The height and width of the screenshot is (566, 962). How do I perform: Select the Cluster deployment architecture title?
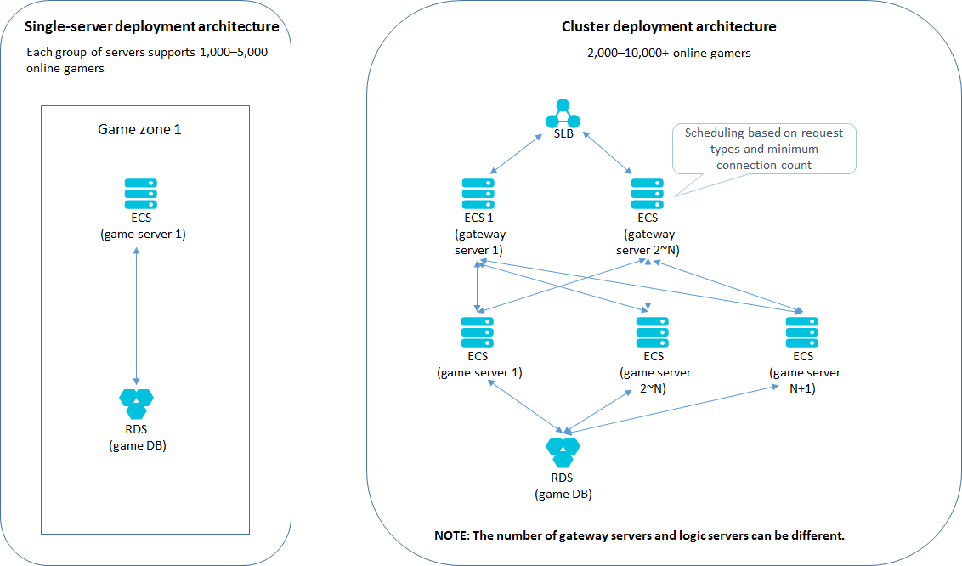pos(668,27)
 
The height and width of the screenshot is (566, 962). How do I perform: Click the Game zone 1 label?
pos(139,130)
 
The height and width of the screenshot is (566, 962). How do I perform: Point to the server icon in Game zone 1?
pos(140,193)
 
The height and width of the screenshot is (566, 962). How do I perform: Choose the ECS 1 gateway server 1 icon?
pos(478,193)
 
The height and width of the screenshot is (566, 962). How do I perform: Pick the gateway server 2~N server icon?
pos(648,193)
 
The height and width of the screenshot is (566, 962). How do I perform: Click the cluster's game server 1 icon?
pos(477,331)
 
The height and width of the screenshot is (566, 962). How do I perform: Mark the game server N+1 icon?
pos(802,331)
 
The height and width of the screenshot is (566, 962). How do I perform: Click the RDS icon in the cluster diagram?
pos(563,451)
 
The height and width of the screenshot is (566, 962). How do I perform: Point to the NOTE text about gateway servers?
pos(638,536)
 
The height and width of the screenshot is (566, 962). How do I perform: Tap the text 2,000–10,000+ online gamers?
pos(668,53)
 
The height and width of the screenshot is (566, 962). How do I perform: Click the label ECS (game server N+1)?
pos(804,372)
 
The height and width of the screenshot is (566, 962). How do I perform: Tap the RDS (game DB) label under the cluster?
pos(563,486)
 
